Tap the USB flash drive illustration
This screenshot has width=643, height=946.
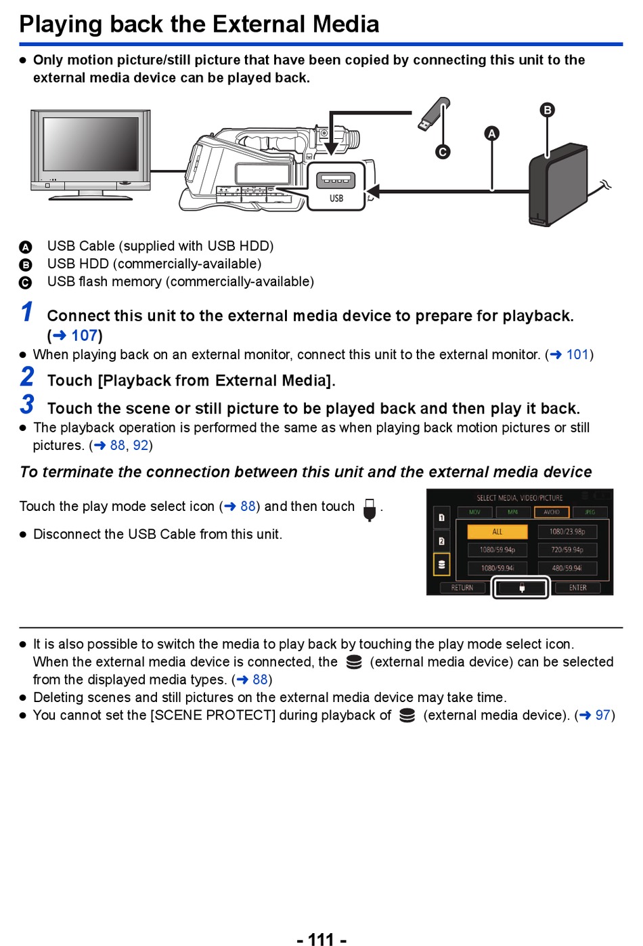[x=433, y=115]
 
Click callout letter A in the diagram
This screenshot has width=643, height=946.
[x=492, y=133]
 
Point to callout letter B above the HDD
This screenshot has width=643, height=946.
[x=547, y=110]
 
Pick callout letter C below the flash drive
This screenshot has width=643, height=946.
[x=443, y=152]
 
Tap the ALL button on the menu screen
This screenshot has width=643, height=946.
[x=497, y=532]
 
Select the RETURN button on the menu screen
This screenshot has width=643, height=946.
[x=462, y=588]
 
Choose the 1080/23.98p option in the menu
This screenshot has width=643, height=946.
[x=567, y=532]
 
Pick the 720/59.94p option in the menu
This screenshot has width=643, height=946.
[x=567, y=550]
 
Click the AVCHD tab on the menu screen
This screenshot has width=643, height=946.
[x=552, y=512]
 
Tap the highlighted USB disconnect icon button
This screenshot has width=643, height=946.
[x=521, y=588]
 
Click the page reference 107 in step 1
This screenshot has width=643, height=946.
[x=84, y=335]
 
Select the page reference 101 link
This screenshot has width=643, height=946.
[x=577, y=354]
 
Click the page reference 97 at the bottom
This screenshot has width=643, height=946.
[x=602, y=715]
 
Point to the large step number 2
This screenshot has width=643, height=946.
[x=27, y=377]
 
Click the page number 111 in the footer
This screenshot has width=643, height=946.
[x=321, y=939]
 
